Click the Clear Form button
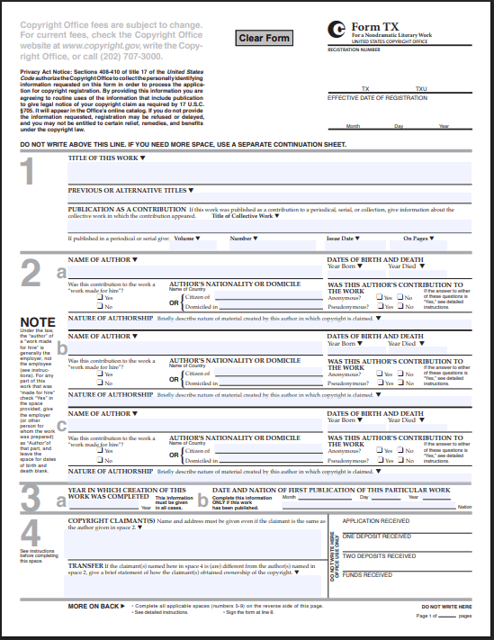[265, 38]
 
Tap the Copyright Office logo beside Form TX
[337, 30]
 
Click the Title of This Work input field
[269, 171]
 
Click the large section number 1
[29, 172]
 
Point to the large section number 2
[29, 274]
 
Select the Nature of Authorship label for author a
[111, 318]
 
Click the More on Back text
[94, 606]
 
